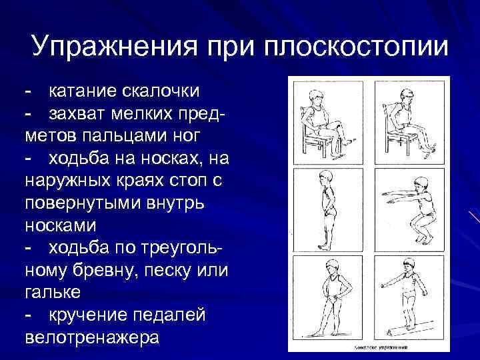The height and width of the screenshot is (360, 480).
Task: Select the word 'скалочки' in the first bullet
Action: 166,89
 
